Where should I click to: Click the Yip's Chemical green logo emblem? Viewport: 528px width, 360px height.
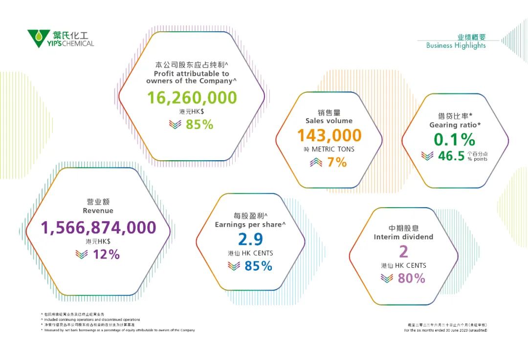tap(38, 38)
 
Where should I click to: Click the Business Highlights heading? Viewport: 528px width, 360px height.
tap(456, 45)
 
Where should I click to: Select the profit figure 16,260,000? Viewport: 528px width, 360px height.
tap(192, 98)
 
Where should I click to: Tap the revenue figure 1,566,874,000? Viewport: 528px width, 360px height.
tap(98, 228)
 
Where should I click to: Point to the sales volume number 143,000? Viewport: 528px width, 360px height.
tap(330, 135)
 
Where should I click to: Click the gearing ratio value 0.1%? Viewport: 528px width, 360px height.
tap(455, 140)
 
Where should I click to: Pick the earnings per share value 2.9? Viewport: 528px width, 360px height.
tap(250, 239)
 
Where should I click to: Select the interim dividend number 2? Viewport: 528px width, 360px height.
tap(403, 251)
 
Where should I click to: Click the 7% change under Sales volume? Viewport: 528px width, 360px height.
tap(337, 162)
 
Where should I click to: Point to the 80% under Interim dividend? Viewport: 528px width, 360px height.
tap(411, 278)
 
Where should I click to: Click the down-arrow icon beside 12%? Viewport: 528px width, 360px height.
tap(82, 254)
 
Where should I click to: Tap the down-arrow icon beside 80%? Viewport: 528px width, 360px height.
tap(387, 278)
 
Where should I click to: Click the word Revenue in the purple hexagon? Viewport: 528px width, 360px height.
tap(98, 211)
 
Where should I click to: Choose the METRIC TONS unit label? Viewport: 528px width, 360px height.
tap(333, 149)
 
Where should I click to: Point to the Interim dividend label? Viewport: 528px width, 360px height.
tap(403, 237)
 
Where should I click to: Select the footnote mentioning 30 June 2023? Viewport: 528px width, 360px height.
tap(445, 330)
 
